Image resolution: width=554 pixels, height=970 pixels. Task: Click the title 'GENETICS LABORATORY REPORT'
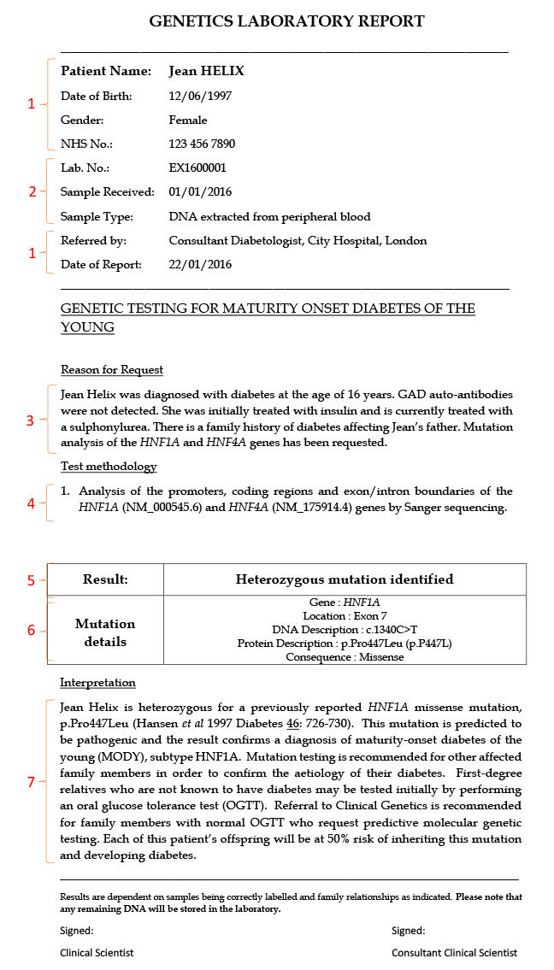[286, 21]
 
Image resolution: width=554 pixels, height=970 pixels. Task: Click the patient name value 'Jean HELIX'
[206, 71]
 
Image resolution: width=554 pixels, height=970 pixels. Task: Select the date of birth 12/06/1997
[200, 97]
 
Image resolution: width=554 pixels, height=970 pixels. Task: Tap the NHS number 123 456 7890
[202, 144]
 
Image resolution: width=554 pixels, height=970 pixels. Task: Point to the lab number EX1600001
[197, 168]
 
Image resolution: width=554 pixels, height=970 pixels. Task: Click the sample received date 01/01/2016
[200, 191]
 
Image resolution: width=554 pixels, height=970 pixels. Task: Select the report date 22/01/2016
[200, 264]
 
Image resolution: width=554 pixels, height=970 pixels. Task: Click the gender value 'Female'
[188, 121]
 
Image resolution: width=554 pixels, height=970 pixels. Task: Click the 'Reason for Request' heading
[112, 370]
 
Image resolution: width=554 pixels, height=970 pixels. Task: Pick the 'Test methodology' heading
[109, 467]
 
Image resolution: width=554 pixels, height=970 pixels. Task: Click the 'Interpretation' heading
[97, 683]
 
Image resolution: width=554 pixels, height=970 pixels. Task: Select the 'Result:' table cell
[105, 579]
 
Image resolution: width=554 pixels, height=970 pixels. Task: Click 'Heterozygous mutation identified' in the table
[345, 579]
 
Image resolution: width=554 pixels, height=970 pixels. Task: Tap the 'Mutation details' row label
[105, 632]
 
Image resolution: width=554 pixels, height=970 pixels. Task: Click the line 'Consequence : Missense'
[345, 657]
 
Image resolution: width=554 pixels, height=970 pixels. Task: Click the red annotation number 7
[32, 782]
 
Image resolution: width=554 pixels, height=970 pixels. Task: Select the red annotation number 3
[31, 420]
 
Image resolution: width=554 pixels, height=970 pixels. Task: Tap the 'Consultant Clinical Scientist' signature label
[454, 952]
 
